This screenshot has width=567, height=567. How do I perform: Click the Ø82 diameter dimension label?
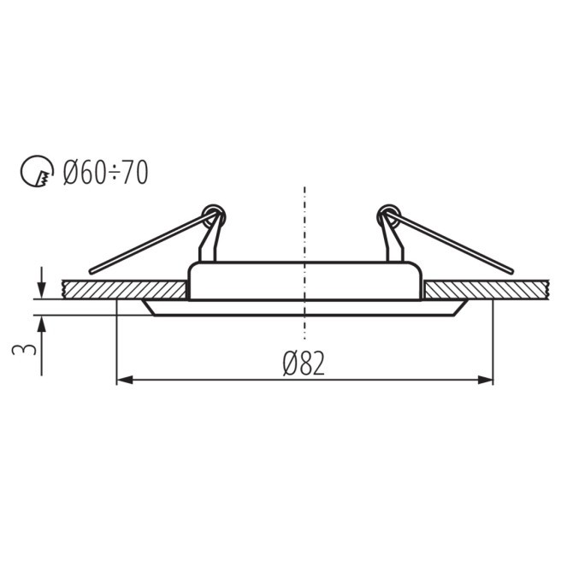tap(304, 363)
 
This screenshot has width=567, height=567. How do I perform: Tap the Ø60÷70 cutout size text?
tap(105, 172)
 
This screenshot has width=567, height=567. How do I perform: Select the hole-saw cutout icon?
tap(37, 171)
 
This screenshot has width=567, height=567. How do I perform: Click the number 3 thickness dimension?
tap(24, 350)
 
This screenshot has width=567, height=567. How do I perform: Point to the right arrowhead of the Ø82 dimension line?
tap(486, 380)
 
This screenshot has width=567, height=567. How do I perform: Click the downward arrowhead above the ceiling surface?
tap(42, 290)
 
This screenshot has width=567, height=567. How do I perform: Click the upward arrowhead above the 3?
tap(42, 324)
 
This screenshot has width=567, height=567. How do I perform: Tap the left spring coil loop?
tap(214, 216)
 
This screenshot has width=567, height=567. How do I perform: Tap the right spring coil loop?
tap(389, 216)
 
